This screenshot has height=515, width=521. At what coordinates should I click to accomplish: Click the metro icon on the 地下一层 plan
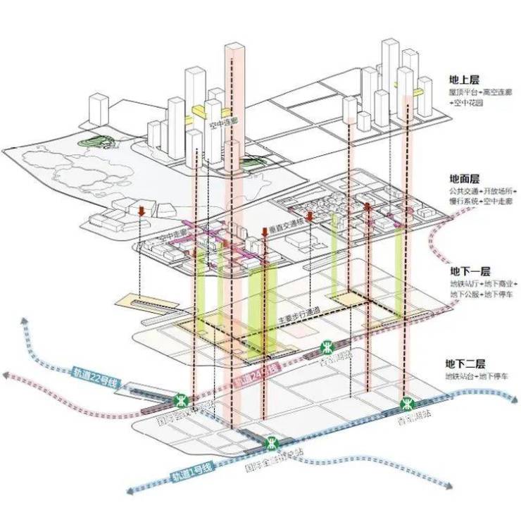point(328,347)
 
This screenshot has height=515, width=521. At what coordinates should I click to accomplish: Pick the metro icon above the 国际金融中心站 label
point(271,444)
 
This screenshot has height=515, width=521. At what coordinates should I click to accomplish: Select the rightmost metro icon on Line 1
point(406,404)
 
